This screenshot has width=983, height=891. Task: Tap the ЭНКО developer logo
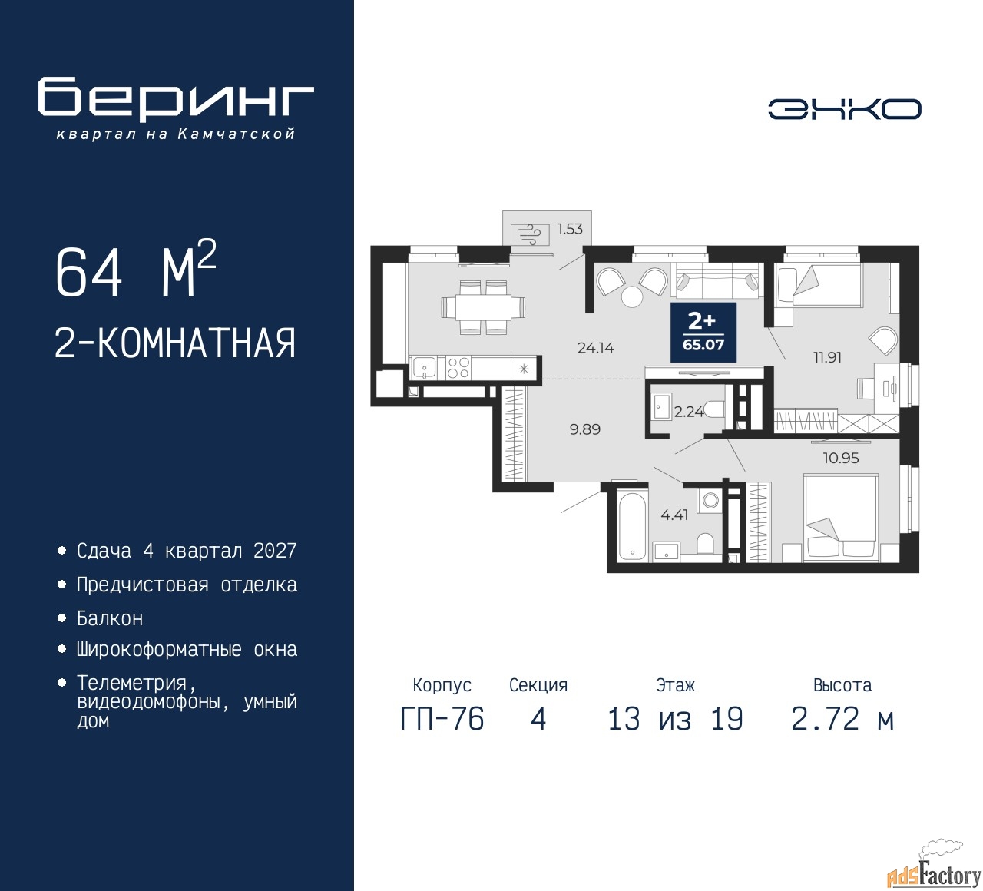pyautogui.click(x=844, y=109)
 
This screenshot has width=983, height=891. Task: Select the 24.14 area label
pyautogui.click(x=595, y=348)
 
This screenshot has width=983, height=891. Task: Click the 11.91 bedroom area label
pyautogui.click(x=827, y=357)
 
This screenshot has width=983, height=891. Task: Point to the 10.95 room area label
pyautogui.click(x=840, y=459)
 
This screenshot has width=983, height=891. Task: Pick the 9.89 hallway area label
pyautogui.click(x=584, y=429)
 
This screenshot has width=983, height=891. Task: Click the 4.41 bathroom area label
pyautogui.click(x=674, y=515)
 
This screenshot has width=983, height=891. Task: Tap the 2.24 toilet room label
pyautogui.click(x=689, y=412)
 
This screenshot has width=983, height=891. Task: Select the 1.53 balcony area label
pyautogui.click(x=570, y=229)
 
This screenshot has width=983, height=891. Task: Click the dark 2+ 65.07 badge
pyautogui.click(x=703, y=333)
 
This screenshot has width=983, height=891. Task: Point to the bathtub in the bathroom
pyautogui.click(x=631, y=526)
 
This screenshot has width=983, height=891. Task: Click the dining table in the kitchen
pyautogui.click(x=483, y=307)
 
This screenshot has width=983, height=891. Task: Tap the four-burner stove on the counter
pyautogui.click(x=458, y=367)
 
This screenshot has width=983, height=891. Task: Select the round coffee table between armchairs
pyautogui.click(x=631, y=296)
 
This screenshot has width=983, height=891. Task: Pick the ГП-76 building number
pyautogui.click(x=442, y=719)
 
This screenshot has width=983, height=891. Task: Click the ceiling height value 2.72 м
pyautogui.click(x=842, y=719)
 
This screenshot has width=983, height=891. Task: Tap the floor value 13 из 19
pyautogui.click(x=675, y=719)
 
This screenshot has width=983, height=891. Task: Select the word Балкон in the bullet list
pyautogui.click(x=110, y=618)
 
